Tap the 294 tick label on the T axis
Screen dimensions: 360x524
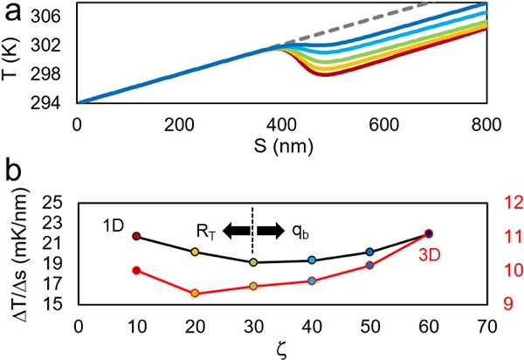tap(59, 103)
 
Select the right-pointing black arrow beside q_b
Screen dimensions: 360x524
tap(271, 231)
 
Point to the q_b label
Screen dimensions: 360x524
tap(298, 232)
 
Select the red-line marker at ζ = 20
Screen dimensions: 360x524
tap(195, 294)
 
